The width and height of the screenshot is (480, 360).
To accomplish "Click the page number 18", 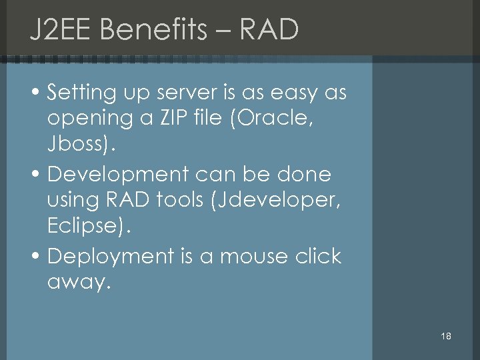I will point(446,336).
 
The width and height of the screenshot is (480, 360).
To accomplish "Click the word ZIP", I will point(176,119).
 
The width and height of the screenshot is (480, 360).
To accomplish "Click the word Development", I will point(119,175).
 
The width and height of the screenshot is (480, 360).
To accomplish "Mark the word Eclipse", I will point(85,226).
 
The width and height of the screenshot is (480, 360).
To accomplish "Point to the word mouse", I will point(256,256).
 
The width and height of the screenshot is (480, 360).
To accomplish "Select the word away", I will point(76,283).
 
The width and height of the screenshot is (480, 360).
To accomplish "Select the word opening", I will point(90,119).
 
